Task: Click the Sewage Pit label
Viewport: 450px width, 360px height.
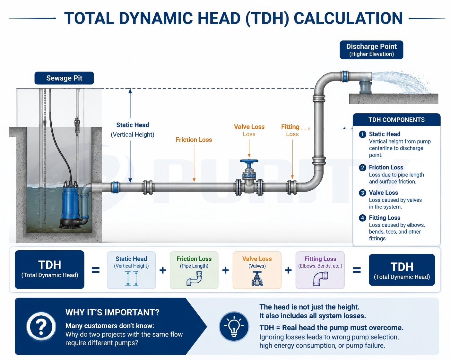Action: coord(64,78)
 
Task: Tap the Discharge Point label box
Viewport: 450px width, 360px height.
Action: coord(371,50)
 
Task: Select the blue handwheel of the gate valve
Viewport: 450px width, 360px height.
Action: coord(249,161)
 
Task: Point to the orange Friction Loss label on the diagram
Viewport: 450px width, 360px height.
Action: coord(194,140)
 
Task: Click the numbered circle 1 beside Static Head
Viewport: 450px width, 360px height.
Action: coord(362,134)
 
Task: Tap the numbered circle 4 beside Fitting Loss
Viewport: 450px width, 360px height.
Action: coord(362,218)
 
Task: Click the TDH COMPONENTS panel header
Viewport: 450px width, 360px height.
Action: coord(396,120)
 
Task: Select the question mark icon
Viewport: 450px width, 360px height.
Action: coord(41,326)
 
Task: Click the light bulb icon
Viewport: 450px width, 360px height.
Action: coord(234,326)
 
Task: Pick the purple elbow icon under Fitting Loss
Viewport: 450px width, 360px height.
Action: coord(320,279)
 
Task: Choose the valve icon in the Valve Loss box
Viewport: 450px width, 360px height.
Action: coord(257,279)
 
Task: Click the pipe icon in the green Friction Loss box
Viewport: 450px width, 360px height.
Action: coord(194,279)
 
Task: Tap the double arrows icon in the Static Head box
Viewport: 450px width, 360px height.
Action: coord(132,279)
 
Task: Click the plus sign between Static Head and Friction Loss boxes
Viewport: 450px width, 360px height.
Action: coord(163,270)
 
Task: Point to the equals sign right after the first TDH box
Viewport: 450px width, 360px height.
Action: coord(96,270)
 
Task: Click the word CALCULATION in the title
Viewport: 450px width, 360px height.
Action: coord(348,18)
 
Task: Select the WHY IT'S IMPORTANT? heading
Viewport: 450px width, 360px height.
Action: coord(112,313)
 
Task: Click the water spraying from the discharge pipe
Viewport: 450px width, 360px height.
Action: coord(401,82)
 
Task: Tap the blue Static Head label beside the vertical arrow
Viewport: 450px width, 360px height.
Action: coord(133,125)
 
